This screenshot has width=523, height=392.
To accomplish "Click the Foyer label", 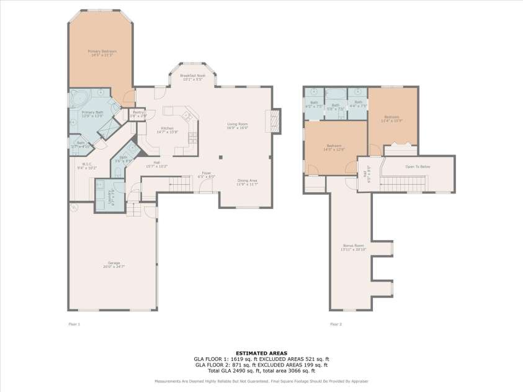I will point(206,175).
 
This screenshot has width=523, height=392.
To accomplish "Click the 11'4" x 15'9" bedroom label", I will point(391,118).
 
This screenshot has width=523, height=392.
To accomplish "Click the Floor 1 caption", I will point(74,324).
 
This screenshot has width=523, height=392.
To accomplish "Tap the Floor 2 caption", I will point(336,324).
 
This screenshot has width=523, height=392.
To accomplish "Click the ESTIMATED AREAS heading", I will point(261,354).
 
